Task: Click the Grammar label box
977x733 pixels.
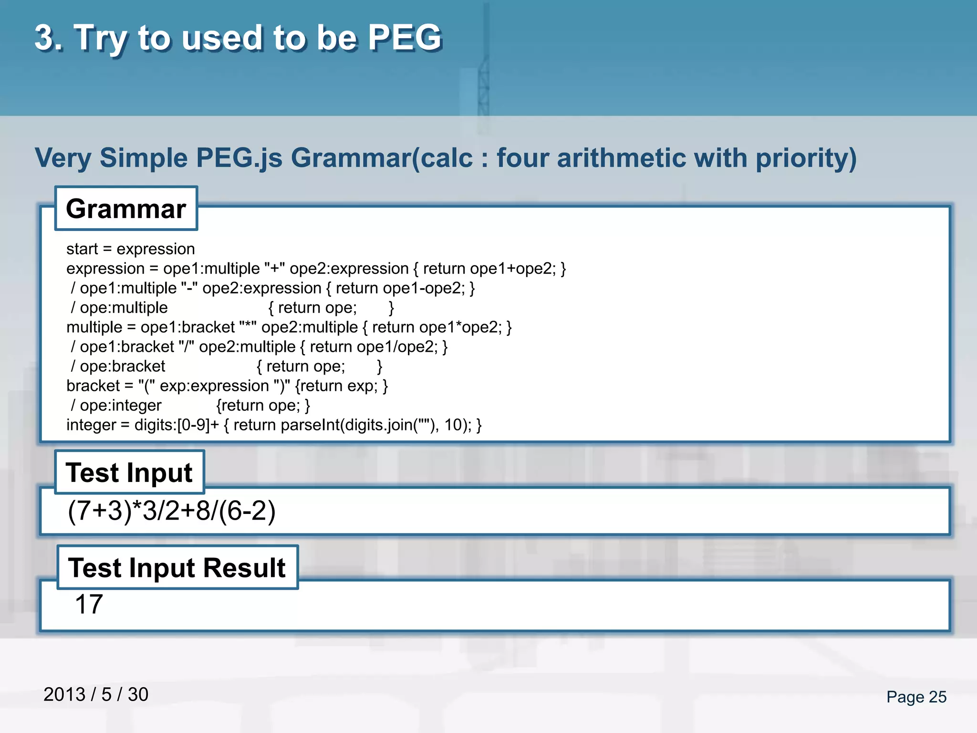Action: [126, 209]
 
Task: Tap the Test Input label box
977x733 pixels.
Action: [129, 472]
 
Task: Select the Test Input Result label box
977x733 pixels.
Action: [177, 567]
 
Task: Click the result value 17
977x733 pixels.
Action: [89, 604]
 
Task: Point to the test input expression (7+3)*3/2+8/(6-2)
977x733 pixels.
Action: [172, 511]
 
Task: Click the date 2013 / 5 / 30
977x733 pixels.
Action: [96, 694]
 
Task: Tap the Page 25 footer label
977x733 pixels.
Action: [916, 697]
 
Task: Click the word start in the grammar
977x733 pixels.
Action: [82, 249]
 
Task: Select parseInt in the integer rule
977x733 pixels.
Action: [310, 425]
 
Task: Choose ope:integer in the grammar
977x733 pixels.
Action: [121, 405]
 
